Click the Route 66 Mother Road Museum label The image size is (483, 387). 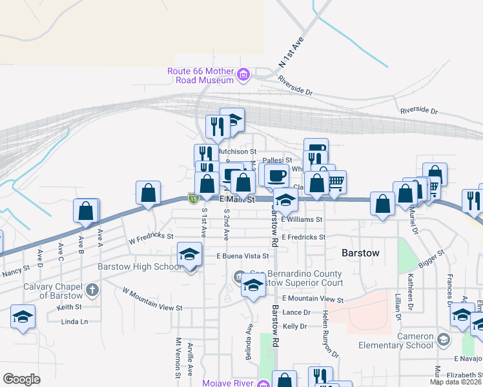(200, 75)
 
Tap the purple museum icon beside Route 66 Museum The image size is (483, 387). (243, 75)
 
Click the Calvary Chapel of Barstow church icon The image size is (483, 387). (92, 290)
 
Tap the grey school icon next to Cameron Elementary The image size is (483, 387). (443, 340)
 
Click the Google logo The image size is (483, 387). (21, 379)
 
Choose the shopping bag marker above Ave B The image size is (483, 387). (87, 211)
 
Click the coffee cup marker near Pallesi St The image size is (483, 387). (276, 175)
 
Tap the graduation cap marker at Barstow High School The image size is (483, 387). (190, 255)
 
